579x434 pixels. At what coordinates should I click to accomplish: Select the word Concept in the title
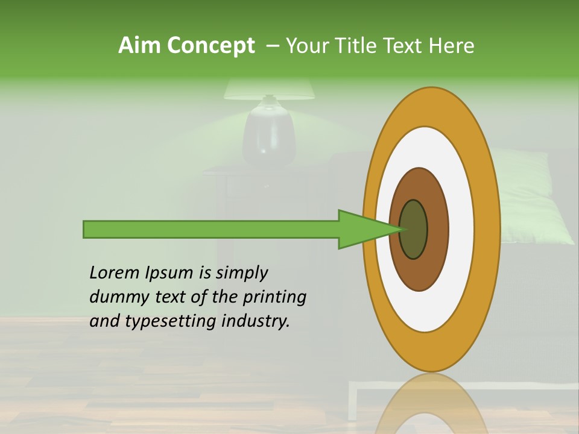(210, 45)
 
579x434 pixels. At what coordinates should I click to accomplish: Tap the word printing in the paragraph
(274, 298)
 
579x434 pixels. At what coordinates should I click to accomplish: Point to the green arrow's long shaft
(211, 230)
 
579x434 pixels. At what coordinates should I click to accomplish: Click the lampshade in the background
(269, 89)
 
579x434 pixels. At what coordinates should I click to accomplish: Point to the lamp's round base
(269, 136)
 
